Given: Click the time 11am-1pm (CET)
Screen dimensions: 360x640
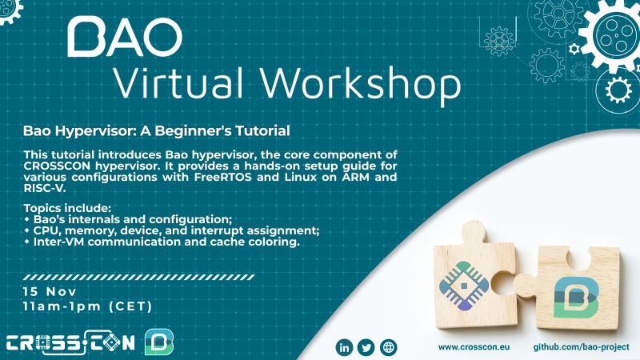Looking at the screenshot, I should tap(87, 306).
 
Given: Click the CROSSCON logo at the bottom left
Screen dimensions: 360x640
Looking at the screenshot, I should tap(71, 343).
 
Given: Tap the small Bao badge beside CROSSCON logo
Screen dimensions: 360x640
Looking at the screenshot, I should tap(158, 342).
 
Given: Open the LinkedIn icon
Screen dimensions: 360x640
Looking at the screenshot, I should tap(345, 347).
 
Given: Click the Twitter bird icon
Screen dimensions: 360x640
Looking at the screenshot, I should tap(366, 347).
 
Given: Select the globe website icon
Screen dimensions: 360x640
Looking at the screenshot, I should tap(389, 347).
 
